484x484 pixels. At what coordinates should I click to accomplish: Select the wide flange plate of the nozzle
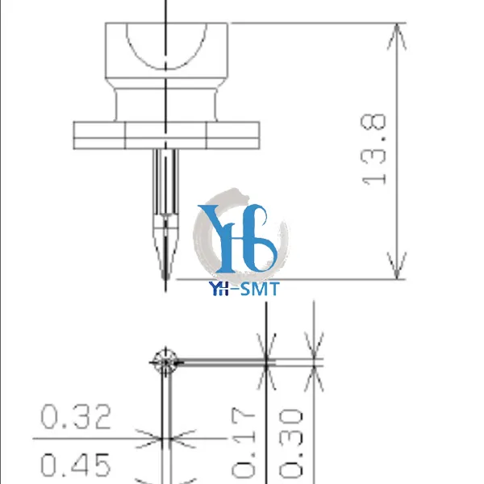pos(166,134)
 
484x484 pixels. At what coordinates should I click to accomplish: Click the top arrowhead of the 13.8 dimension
pos(396,31)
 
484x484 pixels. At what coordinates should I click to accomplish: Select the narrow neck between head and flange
pos(166,105)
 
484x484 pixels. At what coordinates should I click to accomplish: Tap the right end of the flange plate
pos(257,134)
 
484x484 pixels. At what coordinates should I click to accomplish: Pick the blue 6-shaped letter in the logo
pos(260,242)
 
